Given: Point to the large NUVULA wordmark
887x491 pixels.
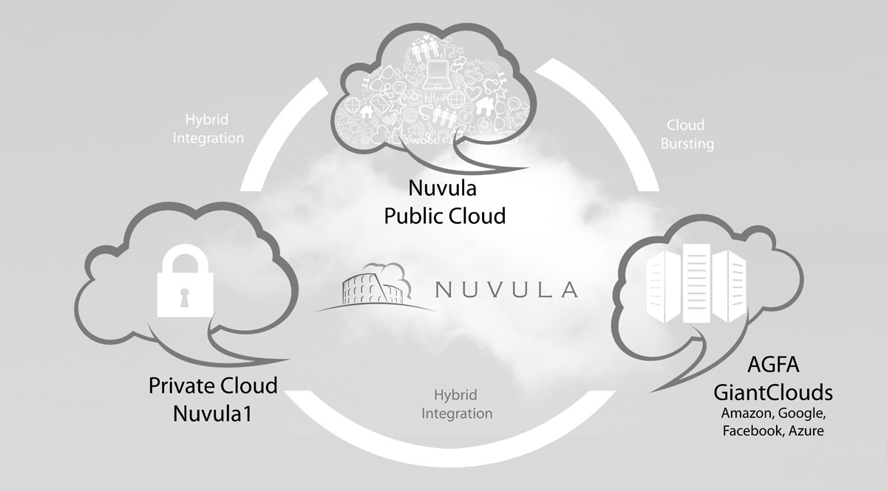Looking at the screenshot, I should coord(506,289).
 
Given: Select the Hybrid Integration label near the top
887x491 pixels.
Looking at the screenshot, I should coord(208,127).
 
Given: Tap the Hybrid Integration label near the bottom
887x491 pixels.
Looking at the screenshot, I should coord(457,404).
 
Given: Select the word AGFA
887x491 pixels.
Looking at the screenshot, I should coord(772,368).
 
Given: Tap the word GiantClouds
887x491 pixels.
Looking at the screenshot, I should coord(772,391).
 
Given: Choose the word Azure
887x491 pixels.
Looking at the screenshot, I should coord(806,430).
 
